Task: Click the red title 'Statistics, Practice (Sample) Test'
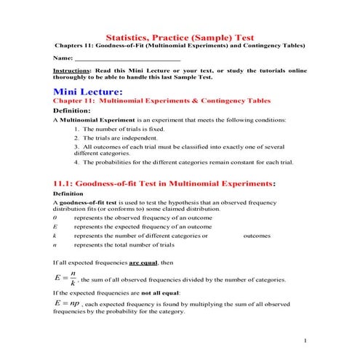pos(180,36)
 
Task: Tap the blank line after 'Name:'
pos(127,57)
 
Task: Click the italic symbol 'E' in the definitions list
pos(55,227)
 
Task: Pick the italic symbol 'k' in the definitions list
pos(55,236)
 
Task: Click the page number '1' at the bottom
pos(305,341)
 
